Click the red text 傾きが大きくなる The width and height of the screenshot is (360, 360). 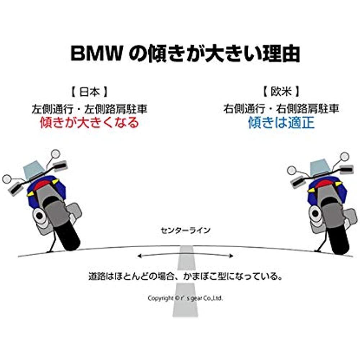89,122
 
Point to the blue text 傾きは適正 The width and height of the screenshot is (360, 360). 281,122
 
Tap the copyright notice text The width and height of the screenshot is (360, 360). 185,298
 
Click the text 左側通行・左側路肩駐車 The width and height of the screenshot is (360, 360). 89,109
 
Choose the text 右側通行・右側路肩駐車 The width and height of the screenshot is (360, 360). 281,109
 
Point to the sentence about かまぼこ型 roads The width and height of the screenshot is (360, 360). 185,277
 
